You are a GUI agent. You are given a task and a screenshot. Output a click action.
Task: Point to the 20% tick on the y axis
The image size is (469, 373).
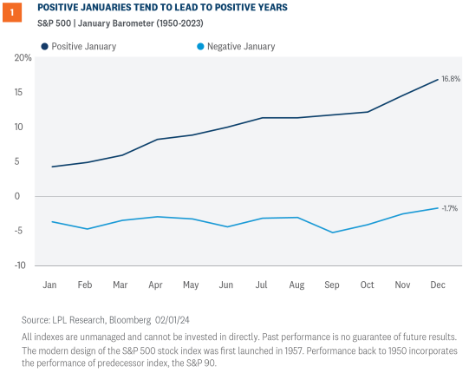(x=23, y=58)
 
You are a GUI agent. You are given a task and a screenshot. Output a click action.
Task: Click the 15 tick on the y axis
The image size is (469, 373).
(x=26, y=92)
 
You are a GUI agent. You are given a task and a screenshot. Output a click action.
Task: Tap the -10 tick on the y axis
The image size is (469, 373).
(x=24, y=265)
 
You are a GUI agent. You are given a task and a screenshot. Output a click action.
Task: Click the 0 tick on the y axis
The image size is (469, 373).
(x=29, y=196)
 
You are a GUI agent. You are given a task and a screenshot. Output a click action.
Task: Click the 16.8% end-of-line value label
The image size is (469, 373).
(x=450, y=79)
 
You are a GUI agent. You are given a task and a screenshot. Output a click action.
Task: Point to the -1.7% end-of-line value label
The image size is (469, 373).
(x=449, y=208)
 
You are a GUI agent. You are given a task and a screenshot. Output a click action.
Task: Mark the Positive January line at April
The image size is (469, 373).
(x=156, y=140)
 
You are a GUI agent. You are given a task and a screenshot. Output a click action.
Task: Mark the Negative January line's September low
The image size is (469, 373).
(x=333, y=232)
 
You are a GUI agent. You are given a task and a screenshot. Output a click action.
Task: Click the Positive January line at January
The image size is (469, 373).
(x=54, y=167)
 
